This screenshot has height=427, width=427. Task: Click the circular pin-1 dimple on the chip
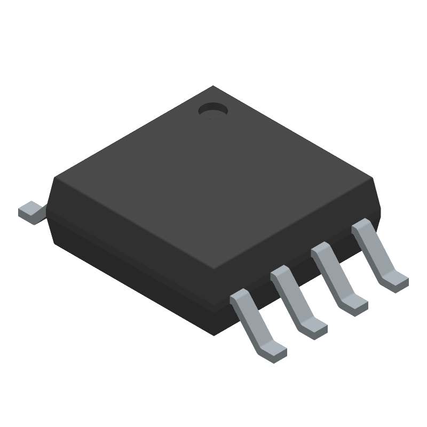tap(213, 110)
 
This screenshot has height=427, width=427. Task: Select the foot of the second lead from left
tap(315, 326)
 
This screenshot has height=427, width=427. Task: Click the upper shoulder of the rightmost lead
tap(361, 226)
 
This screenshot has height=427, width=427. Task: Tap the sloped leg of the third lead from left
tap(335, 278)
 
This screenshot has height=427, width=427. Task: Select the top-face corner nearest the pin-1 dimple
tap(213, 86)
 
